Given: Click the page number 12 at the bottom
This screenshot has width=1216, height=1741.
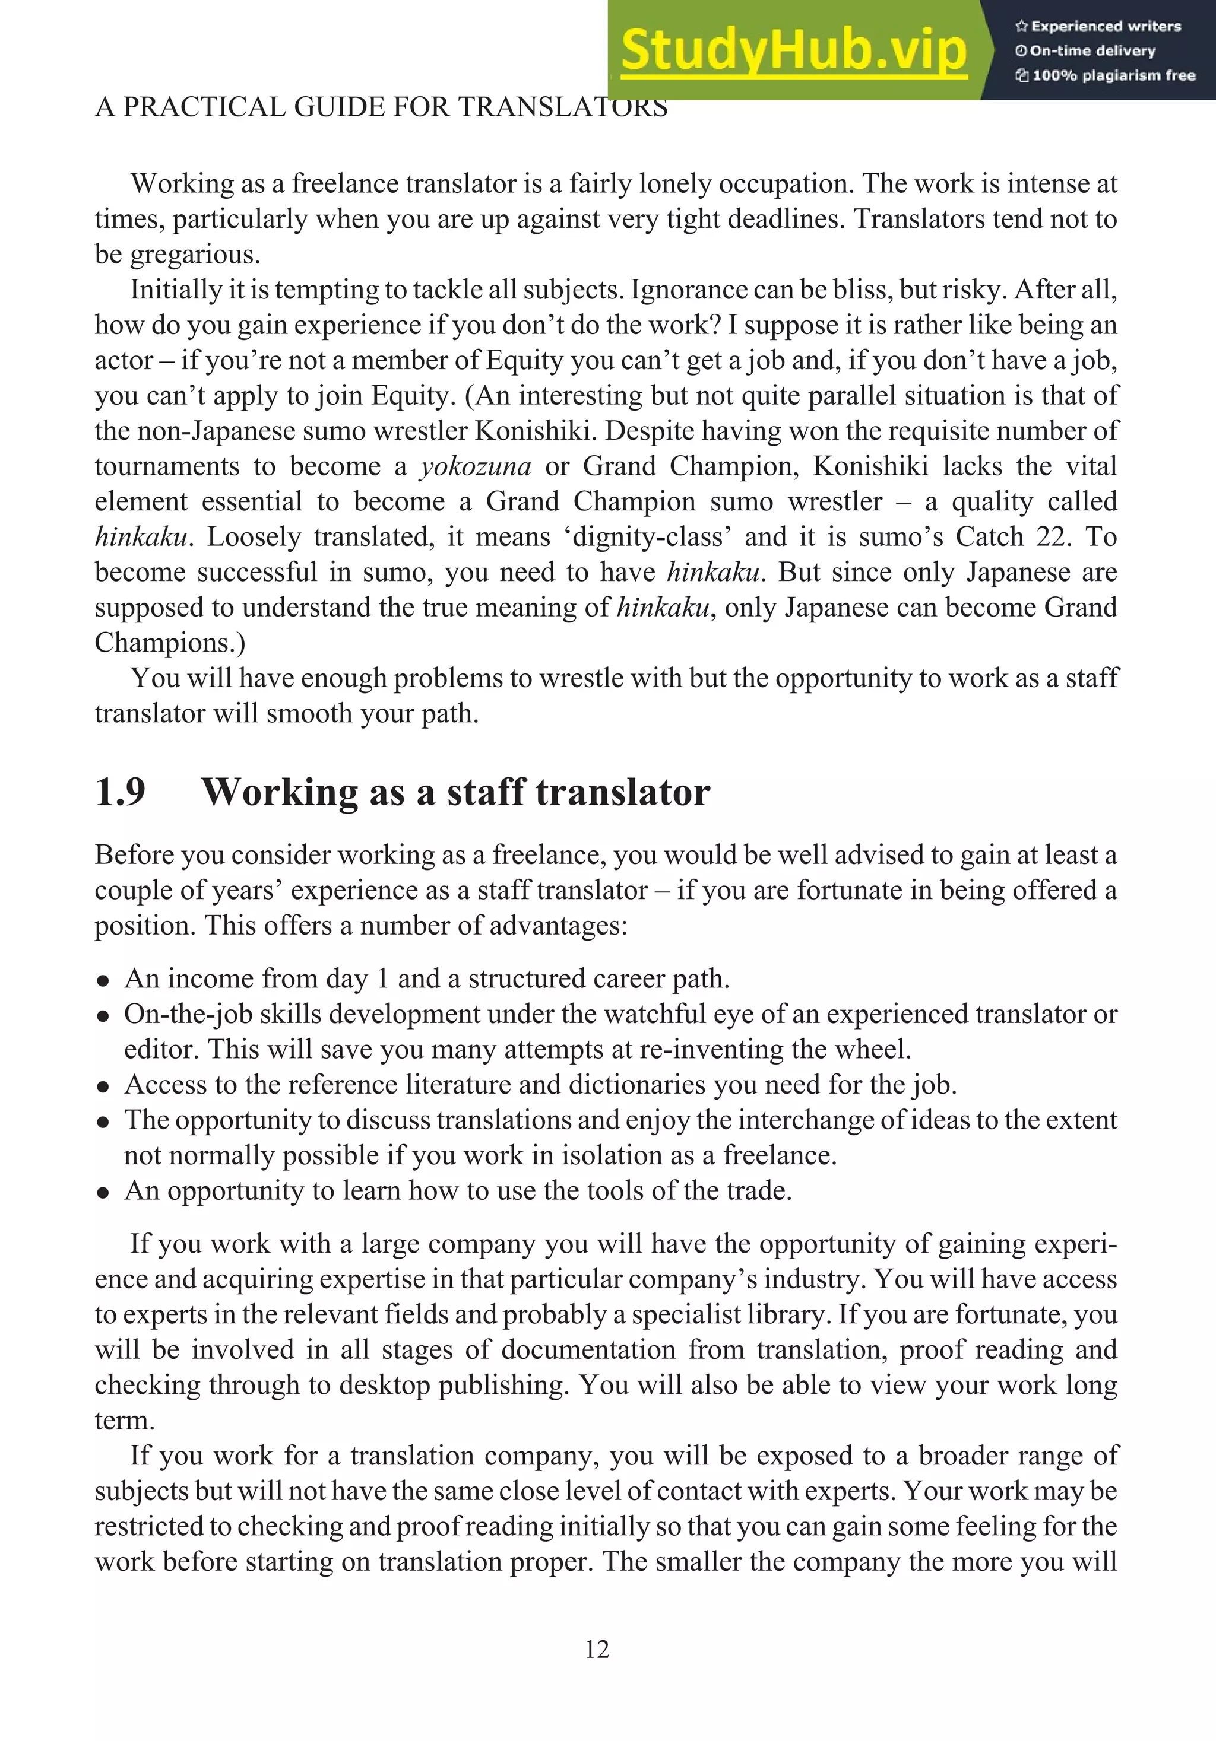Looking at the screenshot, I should [597, 1649].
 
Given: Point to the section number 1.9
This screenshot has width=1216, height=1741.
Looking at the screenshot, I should [121, 792].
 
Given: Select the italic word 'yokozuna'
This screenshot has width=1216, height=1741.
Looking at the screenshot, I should [476, 466].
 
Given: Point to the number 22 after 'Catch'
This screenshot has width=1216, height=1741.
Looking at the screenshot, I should [1052, 537].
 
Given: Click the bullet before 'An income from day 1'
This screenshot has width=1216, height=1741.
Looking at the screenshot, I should [104, 980].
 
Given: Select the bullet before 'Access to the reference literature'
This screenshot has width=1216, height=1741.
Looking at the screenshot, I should [104, 1086].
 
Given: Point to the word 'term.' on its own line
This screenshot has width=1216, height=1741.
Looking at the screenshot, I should [125, 1420].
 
